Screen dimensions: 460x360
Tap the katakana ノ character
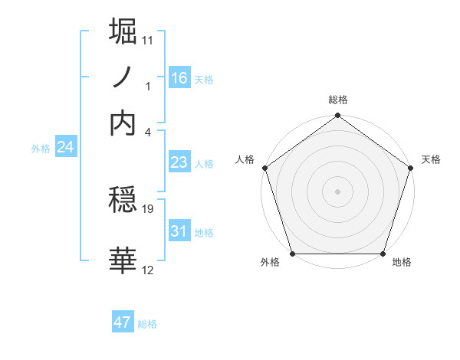pyautogui.click(x=123, y=77)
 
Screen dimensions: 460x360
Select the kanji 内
pyautogui.click(x=123, y=123)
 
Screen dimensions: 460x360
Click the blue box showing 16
pyautogui.click(x=179, y=77)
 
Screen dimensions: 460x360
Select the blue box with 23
pyautogui.click(x=179, y=162)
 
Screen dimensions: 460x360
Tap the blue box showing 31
pyautogui.click(x=179, y=231)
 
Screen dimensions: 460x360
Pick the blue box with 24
pyautogui.click(x=65, y=148)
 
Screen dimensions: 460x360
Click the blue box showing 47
pyautogui.click(x=123, y=322)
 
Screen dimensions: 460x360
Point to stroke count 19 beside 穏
pyautogui.click(x=149, y=208)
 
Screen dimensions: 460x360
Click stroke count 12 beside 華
pyautogui.click(x=148, y=269)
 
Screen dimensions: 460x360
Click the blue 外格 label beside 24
pyautogui.click(x=40, y=149)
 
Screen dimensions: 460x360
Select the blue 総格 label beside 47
pyautogui.click(x=148, y=324)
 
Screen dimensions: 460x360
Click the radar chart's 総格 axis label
pyautogui.click(x=337, y=100)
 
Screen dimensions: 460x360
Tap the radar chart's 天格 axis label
pyautogui.click(x=431, y=159)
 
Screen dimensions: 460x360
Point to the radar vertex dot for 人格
pyautogui.click(x=265, y=168)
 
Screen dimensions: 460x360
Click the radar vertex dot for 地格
pyautogui.click(x=383, y=254)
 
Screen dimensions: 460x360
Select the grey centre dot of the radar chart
pyautogui.click(x=337, y=191)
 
